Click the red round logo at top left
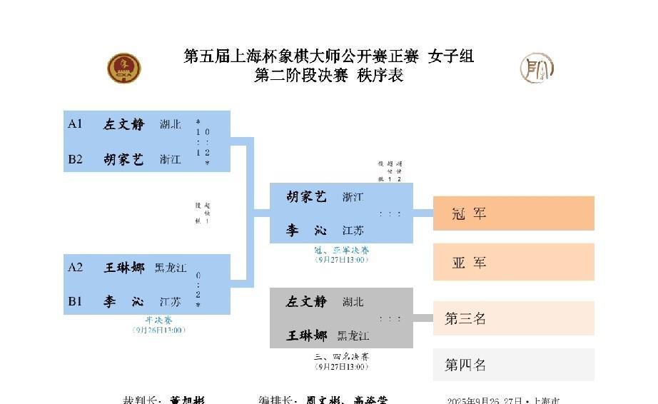[124, 69]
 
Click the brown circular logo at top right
[537, 68]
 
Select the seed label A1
[76, 123]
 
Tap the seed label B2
[76, 159]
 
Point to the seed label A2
[76, 267]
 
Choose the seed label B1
[76, 301]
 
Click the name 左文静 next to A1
[123, 124]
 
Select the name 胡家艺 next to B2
[123, 159]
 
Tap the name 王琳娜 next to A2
[123, 268]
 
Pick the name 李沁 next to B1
[123, 302]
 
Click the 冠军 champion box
[513, 213]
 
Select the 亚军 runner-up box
[513, 262]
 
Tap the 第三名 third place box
[513, 318]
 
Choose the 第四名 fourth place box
[513, 365]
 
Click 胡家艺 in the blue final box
[306, 196]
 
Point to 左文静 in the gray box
[306, 301]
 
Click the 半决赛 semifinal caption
[158, 320]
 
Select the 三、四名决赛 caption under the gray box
[341, 356]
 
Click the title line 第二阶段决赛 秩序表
[328, 75]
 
